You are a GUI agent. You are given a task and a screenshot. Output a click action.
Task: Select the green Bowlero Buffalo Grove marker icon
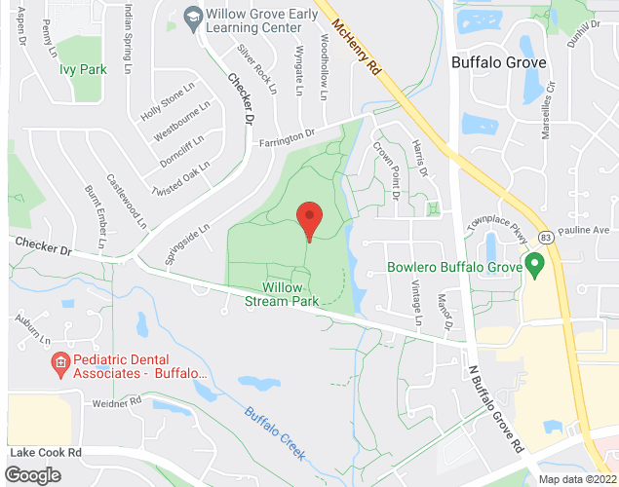point(534,264)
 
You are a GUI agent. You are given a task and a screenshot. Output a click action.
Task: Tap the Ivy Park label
point(82,69)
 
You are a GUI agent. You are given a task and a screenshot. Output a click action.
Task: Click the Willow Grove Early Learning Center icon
point(192,17)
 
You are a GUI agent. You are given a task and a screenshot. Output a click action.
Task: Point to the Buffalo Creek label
point(276,433)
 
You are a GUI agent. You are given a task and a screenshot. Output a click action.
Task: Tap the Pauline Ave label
point(585,231)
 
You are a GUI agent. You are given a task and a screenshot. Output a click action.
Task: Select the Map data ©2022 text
point(577,478)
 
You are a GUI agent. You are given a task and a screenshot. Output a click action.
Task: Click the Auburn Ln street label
point(32,328)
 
